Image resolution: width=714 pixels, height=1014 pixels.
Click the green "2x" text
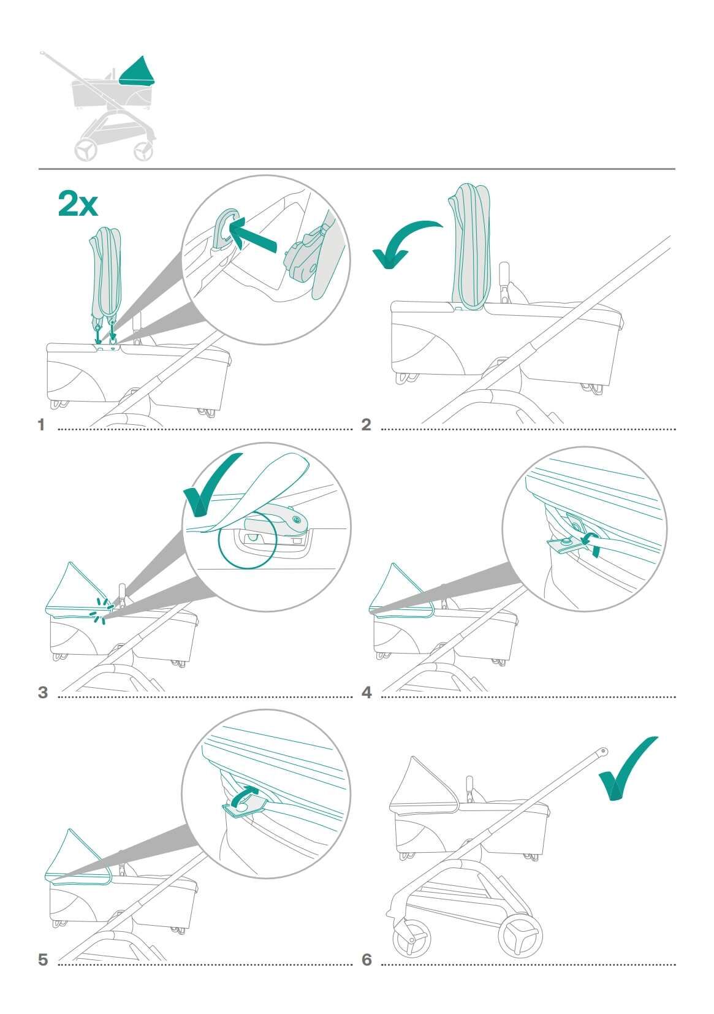click(x=78, y=204)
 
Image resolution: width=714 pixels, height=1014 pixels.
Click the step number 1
click(x=42, y=424)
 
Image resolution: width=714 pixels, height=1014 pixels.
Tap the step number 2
click(x=366, y=424)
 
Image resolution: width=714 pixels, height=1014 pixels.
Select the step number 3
click(x=42, y=693)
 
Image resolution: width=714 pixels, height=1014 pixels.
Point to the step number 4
click(x=366, y=693)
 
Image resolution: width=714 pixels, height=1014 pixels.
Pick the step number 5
click(x=42, y=959)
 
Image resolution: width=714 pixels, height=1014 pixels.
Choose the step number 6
click(x=366, y=959)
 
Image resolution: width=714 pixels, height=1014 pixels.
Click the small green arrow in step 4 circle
click(x=591, y=542)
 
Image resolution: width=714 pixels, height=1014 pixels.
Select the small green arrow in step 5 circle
click(x=246, y=796)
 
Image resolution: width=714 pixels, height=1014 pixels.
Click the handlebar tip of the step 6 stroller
click(x=604, y=750)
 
